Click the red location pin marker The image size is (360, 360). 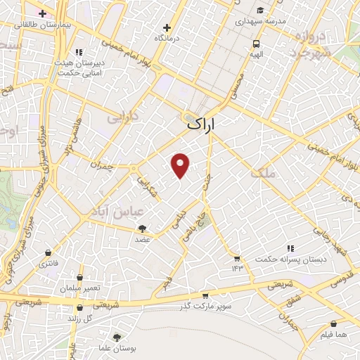click(181, 165)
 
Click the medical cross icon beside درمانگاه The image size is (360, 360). click(167, 27)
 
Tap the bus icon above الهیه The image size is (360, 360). click(257, 42)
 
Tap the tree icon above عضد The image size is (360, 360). click(143, 229)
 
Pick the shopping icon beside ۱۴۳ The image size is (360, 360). click(237, 258)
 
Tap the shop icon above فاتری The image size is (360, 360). click(48, 252)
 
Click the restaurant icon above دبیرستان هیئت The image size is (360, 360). click(79, 52)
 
